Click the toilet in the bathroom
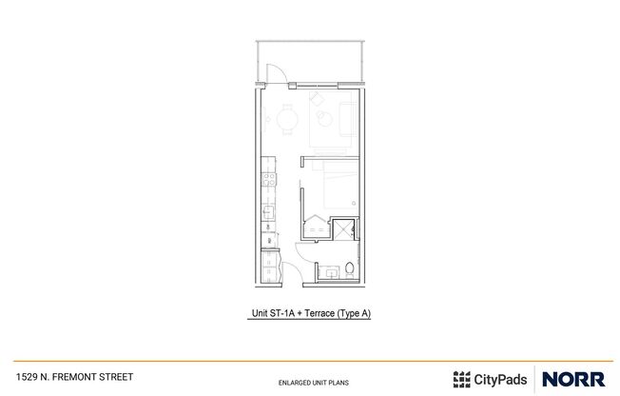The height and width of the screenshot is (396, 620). (349, 268)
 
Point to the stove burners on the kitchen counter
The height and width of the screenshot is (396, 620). (269, 179)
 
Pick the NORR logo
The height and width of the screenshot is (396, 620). (572, 378)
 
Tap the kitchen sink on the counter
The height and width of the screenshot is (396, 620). (269, 211)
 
